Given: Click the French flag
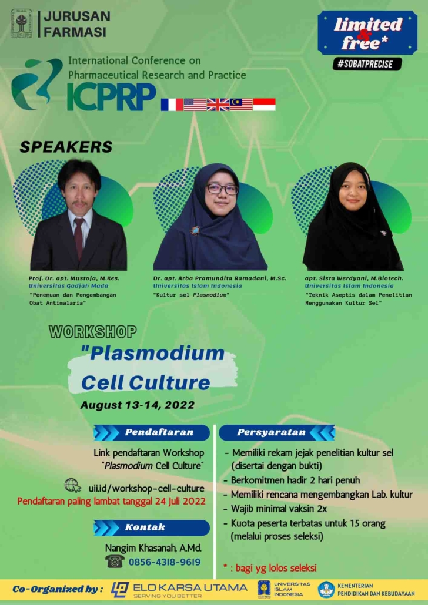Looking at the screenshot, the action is (172, 105).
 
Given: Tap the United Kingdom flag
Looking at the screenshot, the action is (218, 105).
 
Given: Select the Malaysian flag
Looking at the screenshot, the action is (241, 105).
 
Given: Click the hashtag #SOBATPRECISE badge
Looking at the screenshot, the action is (367, 64).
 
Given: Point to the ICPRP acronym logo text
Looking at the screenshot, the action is (111, 96).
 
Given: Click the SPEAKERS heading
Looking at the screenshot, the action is (66, 147).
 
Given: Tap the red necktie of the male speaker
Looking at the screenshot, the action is (79, 238).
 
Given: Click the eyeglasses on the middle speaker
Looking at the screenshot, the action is (222, 189).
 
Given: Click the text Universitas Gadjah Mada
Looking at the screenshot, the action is (68, 286).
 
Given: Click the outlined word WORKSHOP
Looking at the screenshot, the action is (93, 331).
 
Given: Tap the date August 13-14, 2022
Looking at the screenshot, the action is (137, 405).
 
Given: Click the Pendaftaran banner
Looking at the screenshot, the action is (152, 432).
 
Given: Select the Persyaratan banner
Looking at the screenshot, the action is (277, 432).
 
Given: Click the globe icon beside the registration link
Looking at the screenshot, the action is (73, 485).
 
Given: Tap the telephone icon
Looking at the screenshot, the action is (115, 562).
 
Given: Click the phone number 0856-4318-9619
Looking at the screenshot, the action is (165, 562).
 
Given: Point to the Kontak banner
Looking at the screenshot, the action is (152, 527).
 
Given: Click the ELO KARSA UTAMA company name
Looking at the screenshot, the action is (189, 587).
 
